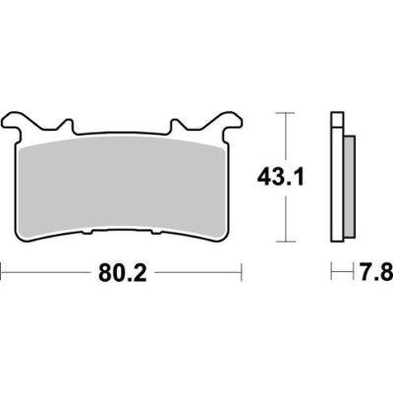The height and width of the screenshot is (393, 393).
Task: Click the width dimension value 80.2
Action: (x=123, y=276)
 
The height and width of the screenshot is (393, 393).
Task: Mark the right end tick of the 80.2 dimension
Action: (x=243, y=276)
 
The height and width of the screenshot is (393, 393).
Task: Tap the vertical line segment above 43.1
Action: (x=285, y=138)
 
